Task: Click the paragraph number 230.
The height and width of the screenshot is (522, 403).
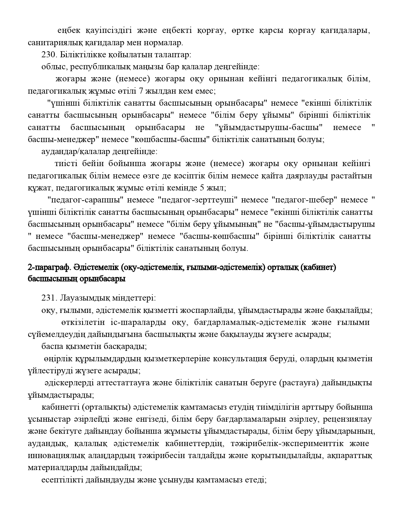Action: (x=48, y=55)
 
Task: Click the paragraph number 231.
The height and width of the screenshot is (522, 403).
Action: (x=48, y=298)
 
